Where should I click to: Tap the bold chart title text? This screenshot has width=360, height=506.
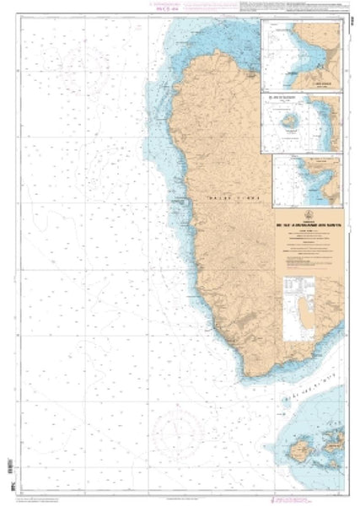click(x=309, y=225)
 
